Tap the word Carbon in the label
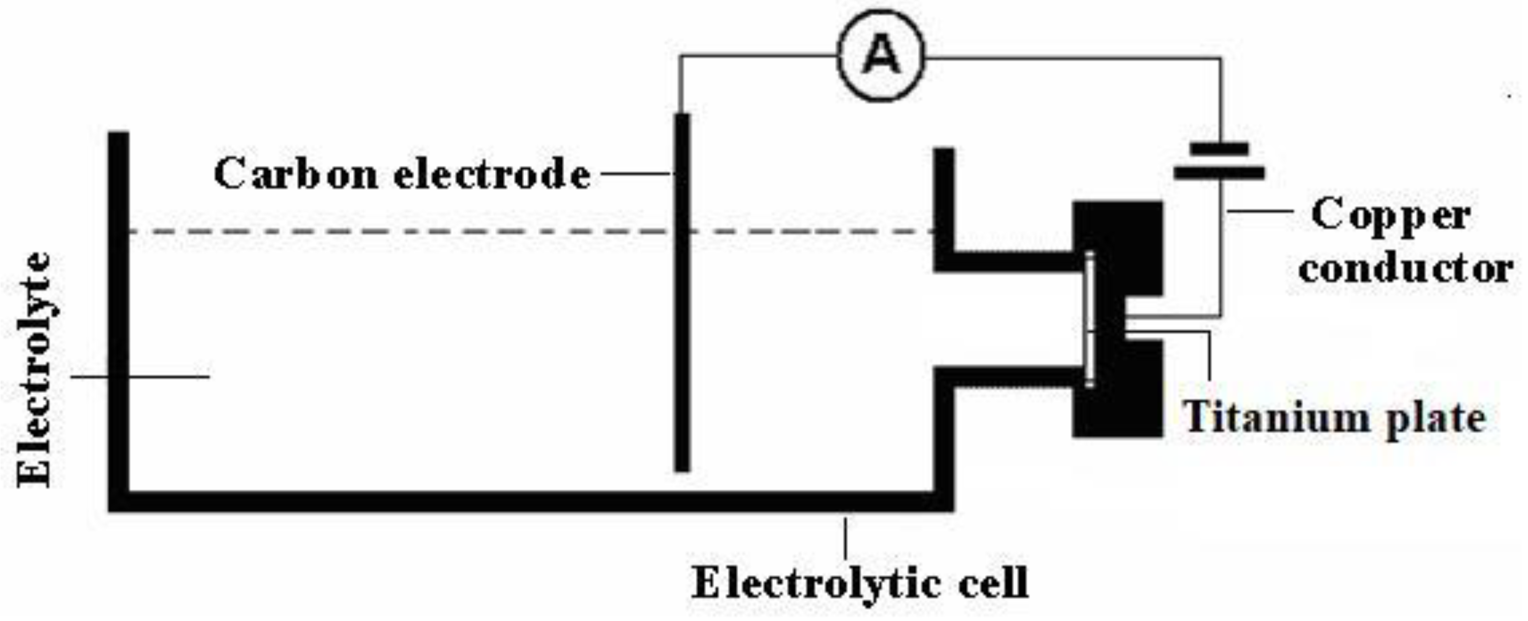295,174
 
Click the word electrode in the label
492,174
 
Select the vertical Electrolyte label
34,370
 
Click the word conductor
1404,269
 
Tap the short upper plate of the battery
1220,148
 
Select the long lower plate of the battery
1220,173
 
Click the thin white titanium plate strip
1090,320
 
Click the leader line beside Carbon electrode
635,174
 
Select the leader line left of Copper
1260,210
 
